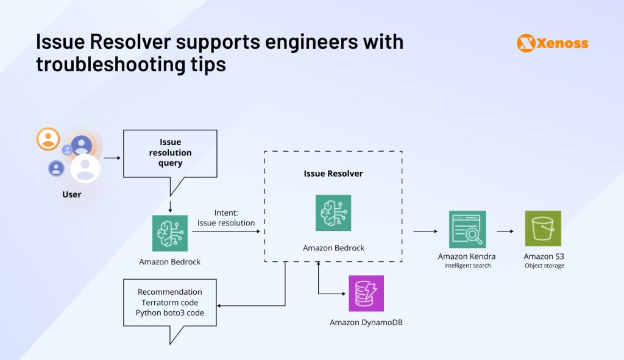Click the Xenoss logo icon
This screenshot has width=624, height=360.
pos(526,43)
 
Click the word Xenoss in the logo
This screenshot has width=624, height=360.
pos(562,43)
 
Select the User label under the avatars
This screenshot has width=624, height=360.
pos(71,194)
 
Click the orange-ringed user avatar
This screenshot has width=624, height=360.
pos(48,139)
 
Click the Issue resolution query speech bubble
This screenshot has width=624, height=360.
pos(170,153)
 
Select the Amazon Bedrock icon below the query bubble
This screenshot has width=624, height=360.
pos(170,233)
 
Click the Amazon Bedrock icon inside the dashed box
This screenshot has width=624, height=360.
pos(333,213)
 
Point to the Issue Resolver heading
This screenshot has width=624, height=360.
pos(333,174)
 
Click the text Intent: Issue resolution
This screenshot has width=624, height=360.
pos(226,218)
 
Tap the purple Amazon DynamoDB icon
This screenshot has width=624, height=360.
pos(366,294)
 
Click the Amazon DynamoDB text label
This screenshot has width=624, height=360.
pos(366,322)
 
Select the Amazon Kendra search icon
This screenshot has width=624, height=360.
pos(467,229)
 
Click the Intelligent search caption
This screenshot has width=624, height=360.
pos(467,266)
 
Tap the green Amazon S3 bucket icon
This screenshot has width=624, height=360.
pos(543,228)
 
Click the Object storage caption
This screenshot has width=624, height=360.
pos(544,266)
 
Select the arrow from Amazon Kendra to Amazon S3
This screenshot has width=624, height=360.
pos(505,231)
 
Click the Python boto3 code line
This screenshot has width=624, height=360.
pos(170,312)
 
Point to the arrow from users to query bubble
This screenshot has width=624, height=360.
pos(112,158)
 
